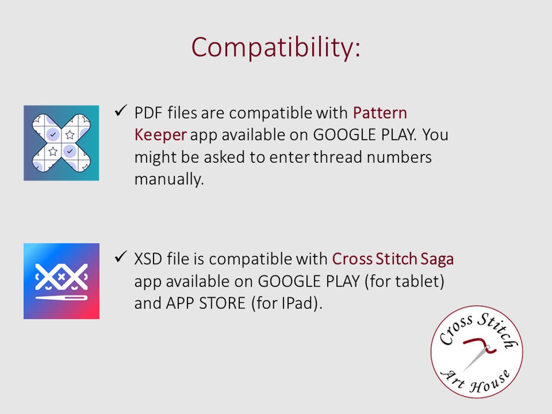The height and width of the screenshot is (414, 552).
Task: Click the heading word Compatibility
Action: pyautogui.click(x=276, y=47)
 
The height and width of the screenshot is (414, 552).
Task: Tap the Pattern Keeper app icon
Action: pyautogui.click(x=61, y=143)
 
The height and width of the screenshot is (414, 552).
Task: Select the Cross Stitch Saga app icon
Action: pyautogui.click(x=61, y=281)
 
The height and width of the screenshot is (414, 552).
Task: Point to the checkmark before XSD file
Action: pyautogui.click(x=121, y=257)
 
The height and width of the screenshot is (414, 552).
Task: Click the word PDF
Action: pyautogui.click(x=148, y=113)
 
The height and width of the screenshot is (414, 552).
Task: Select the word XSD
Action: pyautogui.click(x=148, y=259)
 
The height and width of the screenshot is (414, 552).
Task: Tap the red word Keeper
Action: pyautogui.click(x=161, y=135)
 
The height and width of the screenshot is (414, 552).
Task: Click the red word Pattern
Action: pyautogui.click(x=380, y=113)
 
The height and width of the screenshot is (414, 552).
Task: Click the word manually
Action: pyautogui.click(x=169, y=179)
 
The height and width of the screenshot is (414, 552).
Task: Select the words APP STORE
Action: pyautogui.click(x=206, y=303)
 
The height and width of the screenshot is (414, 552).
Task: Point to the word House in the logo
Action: pyautogui.click(x=490, y=382)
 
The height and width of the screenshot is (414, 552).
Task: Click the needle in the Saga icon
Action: pyautogui.click(x=61, y=298)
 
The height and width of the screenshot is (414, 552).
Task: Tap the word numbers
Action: pyautogui.click(x=399, y=157)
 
